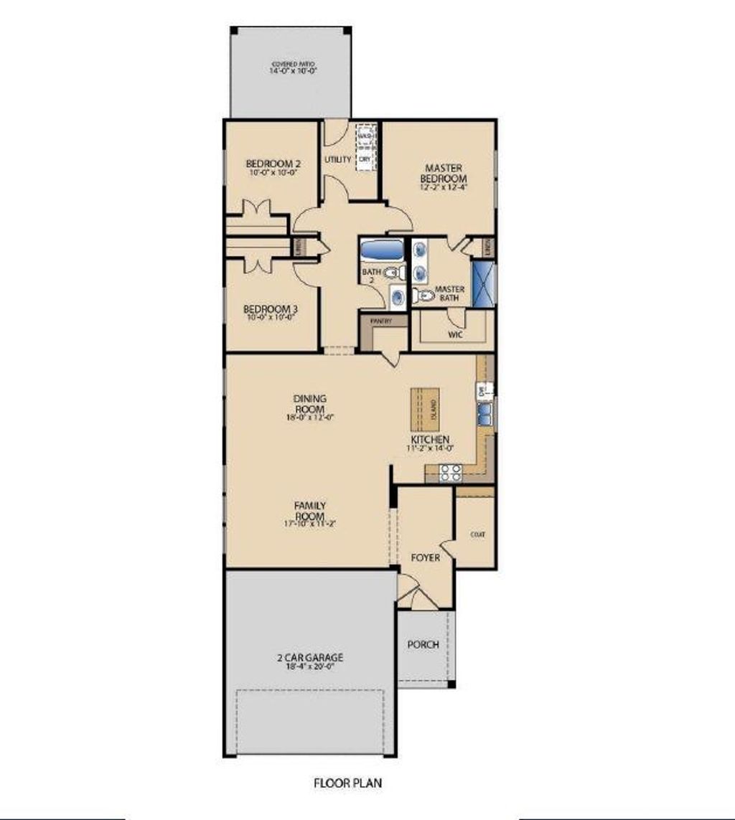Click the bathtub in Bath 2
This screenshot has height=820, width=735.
pyautogui.click(x=382, y=251)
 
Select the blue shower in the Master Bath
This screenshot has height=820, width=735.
pyautogui.click(x=482, y=285)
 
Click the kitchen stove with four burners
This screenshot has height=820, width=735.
pyautogui.click(x=450, y=472)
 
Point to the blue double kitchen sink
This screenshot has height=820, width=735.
pyautogui.click(x=484, y=414)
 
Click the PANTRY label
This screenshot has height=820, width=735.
pyautogui.click(x=382, y=321)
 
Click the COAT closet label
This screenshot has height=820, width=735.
pyautogui.click(x=475, y=534)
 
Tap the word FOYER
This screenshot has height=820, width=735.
pyautogui.click(x=425, y=557)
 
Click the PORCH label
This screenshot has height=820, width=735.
pyautogui.click(x=423, y=644)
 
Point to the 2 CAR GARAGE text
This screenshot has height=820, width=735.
pyautogui.click(x=311, y=657)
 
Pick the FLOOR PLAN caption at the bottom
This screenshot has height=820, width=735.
pyautogui.click(x=348, y=783)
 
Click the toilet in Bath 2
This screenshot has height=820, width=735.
pyautogui.click(x=392, y=273)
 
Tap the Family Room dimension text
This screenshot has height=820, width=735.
pyautogui.click(x=309, y=524)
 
